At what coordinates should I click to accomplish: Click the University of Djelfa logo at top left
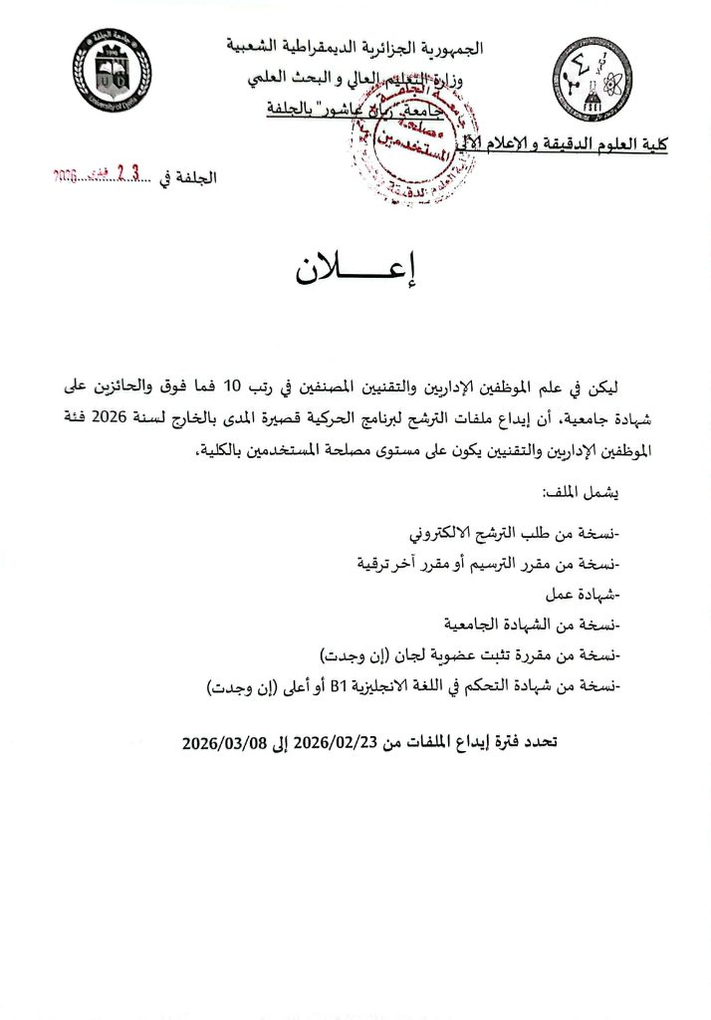click(x=112, y=69)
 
